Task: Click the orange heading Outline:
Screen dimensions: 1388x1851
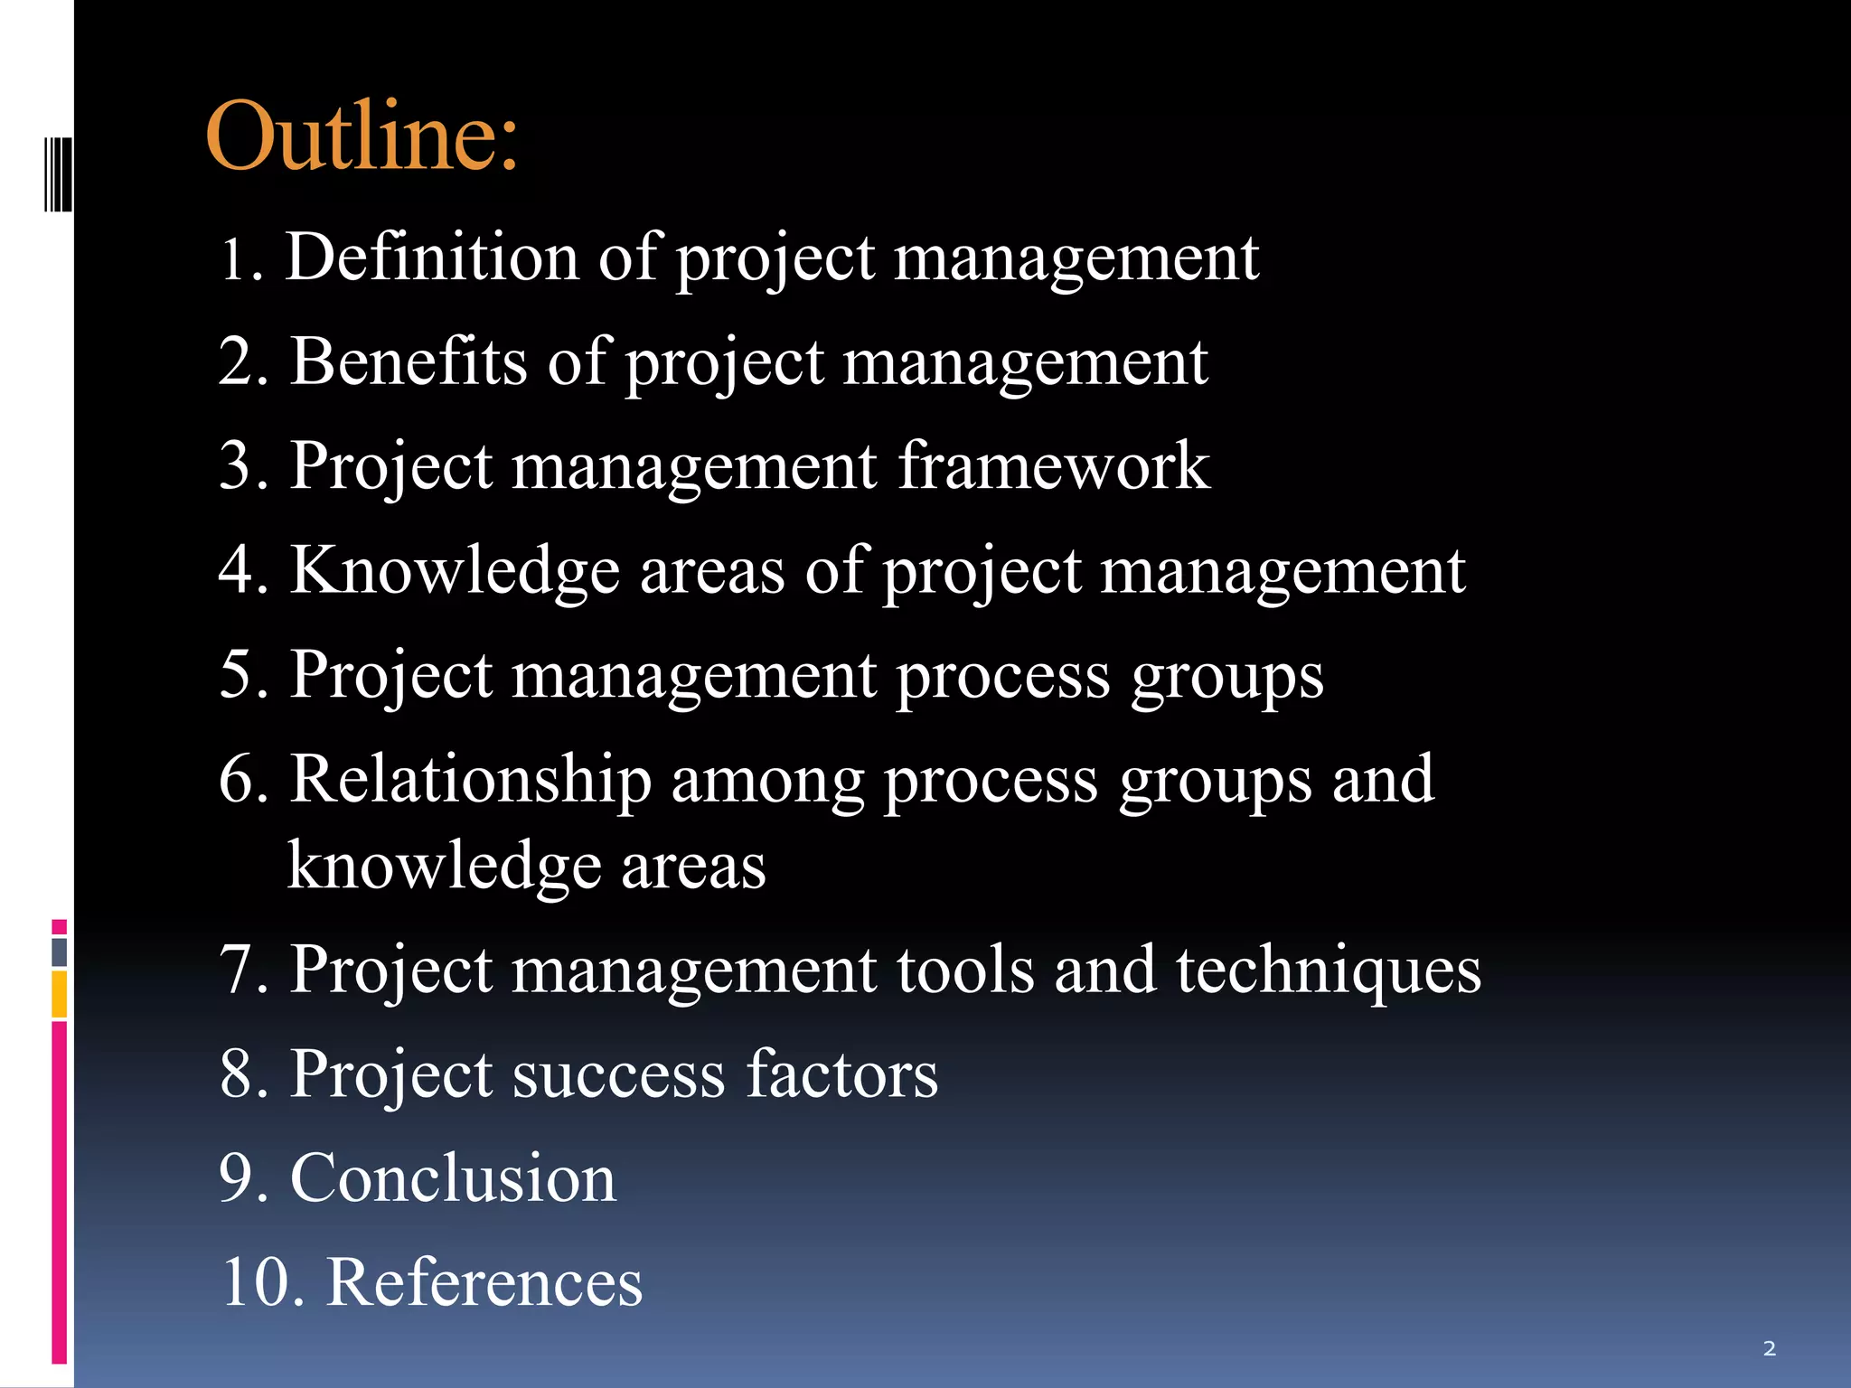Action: [x=362, y=137]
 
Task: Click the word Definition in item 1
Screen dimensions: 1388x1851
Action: [x=431, y=258]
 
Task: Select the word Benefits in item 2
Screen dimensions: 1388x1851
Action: [x=409, y=362]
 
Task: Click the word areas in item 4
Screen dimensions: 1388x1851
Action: [x=712, y=572]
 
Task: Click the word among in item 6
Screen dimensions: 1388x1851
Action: [x=767, y=781]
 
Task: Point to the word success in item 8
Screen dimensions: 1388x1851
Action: [x=618, y=1075]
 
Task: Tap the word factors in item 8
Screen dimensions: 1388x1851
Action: [x=842, y=1074]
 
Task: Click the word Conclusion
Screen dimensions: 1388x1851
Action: [x=453, y=1178]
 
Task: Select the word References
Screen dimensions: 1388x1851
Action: [x=484, y=1282]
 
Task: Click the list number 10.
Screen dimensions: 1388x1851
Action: [x=256, y=1282]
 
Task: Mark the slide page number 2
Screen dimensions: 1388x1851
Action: [x=1769, y=1349]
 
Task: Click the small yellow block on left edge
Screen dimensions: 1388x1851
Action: [x=60, y=994]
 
